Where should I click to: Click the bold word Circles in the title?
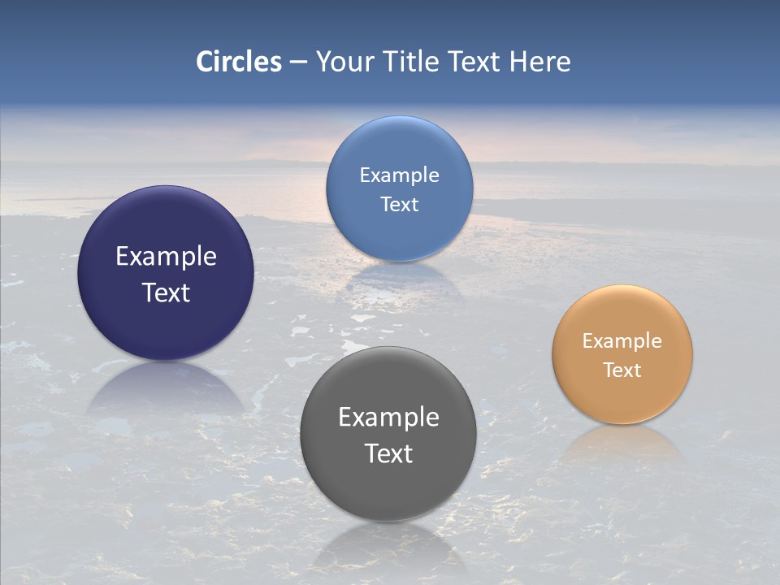pos(239,62)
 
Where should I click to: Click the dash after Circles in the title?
pos(298,63)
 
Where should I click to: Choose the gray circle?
pos(388,487)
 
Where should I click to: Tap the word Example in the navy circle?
pos(166,257)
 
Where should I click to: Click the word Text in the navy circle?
pos(166,292)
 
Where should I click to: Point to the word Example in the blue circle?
pos(399,175)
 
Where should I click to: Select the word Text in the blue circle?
pos(399,204)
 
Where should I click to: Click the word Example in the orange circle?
pos(622,341)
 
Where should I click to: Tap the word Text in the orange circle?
pos(622,370)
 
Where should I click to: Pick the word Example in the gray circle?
pos(388,418)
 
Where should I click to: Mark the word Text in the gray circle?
pos(388,453)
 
